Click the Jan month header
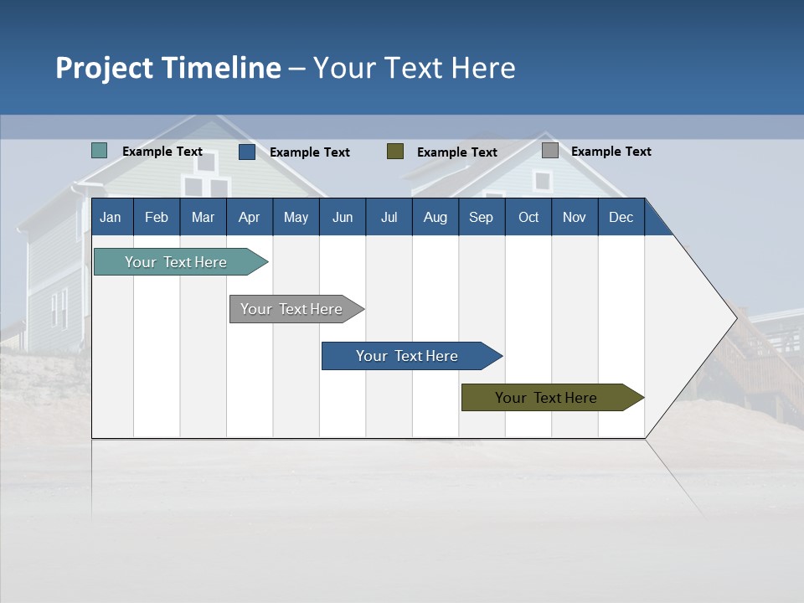(x=111, y=217)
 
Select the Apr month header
(x=249, y=217)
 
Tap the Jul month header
(x=389, y=217)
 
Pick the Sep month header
(x=481, y=217)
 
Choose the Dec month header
(x=621, y=217)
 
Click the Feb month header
(x=157, y=217)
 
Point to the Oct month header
(x=528, y=217)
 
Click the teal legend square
(x=100, y=151)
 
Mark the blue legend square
(x=247, y=152)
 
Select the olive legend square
(x=395, y=152)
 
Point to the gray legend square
(x=550, y=151)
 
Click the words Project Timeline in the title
(x=168, y=68)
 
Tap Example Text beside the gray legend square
(x=611, y=152)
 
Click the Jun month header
(x=343, y=217)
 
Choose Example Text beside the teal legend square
(x=162, y=152)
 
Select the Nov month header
(x=575, y=217)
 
